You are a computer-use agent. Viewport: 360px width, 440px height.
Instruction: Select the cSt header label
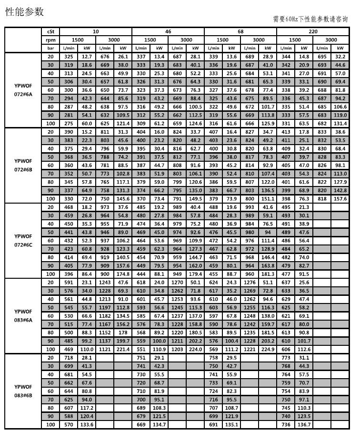50,31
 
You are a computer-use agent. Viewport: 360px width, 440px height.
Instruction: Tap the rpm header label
50,40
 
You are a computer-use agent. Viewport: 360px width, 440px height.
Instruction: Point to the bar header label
50,48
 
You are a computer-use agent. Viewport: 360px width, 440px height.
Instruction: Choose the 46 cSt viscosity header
168,31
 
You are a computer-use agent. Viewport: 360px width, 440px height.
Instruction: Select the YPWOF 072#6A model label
23,90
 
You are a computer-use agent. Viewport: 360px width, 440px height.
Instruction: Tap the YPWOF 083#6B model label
23,391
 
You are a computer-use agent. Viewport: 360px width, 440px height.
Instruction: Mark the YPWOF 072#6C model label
23,240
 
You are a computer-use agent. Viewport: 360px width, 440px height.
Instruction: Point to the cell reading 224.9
268,349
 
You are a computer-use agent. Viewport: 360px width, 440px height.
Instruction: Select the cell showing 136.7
304,424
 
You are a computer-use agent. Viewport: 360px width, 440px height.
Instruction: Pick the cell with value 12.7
87,57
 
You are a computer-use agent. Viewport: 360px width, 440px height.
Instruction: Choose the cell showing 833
321,132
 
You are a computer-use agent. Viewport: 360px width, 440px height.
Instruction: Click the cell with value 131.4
340,124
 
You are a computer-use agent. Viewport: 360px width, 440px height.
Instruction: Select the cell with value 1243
105,282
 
